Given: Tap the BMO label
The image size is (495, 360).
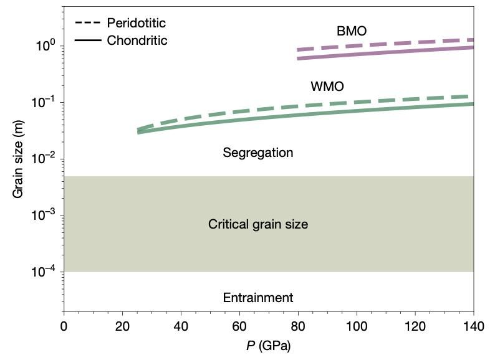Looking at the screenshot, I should point(351,31).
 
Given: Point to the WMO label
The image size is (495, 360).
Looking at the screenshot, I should point(327,86).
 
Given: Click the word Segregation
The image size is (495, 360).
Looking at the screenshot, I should point(257,153).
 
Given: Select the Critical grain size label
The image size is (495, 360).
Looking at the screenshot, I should point(257,224).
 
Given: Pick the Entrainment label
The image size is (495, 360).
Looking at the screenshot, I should point(257,298).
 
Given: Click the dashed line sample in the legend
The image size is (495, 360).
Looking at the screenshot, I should point(89,24).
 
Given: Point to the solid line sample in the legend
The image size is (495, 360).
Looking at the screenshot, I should point(89,40).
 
